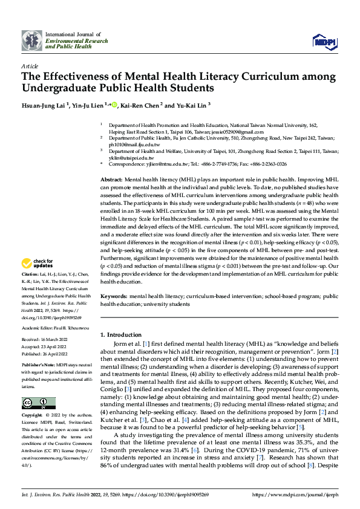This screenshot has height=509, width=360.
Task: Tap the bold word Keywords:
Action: (114, 297)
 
